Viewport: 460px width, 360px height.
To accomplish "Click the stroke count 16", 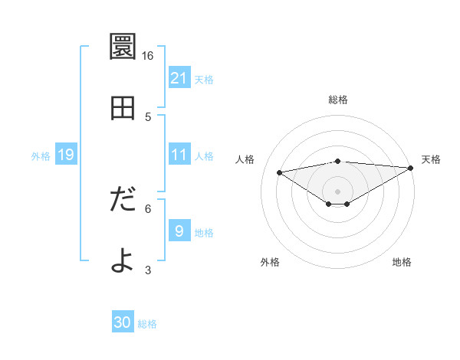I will [148, 56].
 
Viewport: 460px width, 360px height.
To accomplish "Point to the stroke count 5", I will [148, 117].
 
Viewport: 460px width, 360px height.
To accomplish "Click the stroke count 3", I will [148, 270].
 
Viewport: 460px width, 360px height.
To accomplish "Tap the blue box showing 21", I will [179, 78].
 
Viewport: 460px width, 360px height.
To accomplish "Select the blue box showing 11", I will [179, 155].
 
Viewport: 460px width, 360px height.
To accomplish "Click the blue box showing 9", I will [179, 231].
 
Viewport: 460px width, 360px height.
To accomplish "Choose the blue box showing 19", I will [66, 155].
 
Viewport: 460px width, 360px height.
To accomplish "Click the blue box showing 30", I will [123, 323].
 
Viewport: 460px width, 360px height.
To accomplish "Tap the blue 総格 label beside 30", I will [148, 324].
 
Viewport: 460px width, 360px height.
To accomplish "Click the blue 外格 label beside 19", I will [41, 155].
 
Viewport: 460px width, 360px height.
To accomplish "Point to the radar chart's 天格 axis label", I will [431, 159].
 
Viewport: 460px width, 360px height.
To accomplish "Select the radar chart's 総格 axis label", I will [338, 100].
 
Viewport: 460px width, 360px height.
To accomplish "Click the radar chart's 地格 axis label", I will [402, 262].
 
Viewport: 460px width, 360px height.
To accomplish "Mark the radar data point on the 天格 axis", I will [412, 168].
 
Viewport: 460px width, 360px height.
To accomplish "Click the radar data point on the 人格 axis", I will [279, 172].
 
